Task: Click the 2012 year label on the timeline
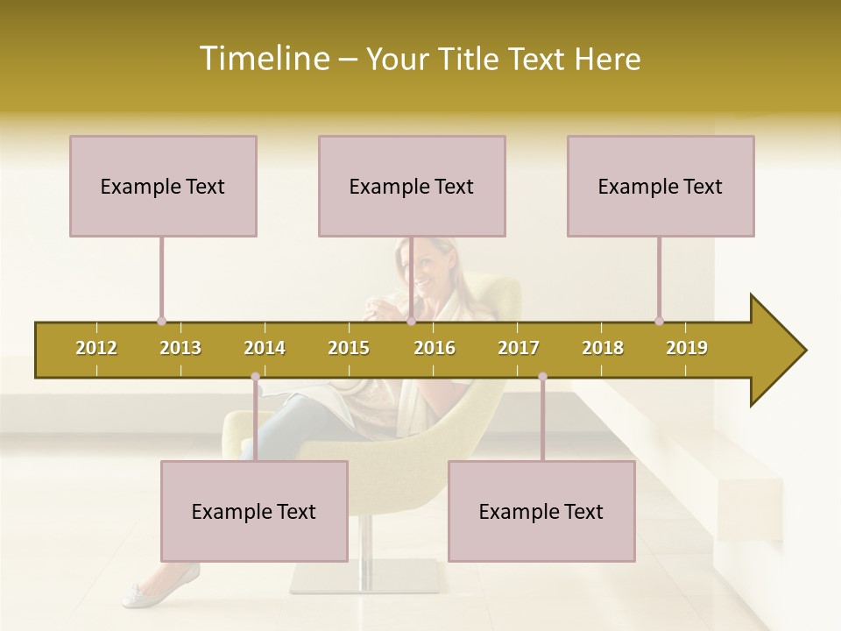[x=96, y=348]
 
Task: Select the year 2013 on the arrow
[x=180, y=348]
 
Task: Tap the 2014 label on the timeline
[x=265, y=348]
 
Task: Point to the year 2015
[x=349, y=348]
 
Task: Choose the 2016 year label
[x=435, y=348]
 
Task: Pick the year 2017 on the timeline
[x=519, y=348]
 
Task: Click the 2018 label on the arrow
[x=603, y=348]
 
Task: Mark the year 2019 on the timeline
[x=687, y=348]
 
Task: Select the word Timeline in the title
[x=262, y=59]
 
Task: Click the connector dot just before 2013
[x=161, y=322]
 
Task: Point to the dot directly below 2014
[x=255, y=377]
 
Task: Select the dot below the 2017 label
[x=542, y=377]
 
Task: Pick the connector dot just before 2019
[x=659, y=322]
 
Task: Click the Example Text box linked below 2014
[x=254, y=511]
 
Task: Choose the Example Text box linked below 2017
[x=541, y=511]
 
